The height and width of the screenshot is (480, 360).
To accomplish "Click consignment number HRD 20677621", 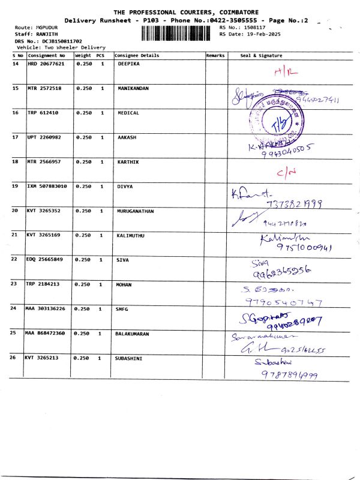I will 46,63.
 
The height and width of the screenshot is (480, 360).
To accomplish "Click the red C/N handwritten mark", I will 286,173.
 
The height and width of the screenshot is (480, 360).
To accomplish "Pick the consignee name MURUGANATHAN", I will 137,211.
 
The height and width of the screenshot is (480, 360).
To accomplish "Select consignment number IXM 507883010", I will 47,187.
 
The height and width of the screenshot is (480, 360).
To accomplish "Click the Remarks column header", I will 215,55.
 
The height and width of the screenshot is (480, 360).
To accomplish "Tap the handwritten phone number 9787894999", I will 289,375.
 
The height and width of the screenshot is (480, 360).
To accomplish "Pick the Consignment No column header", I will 46,55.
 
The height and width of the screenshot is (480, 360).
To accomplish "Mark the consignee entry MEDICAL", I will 128,113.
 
